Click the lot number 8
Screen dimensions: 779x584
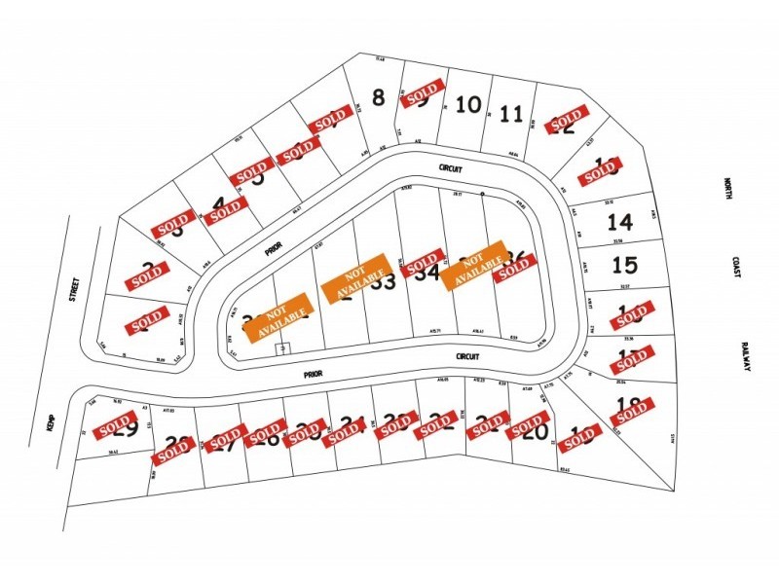(x=379, y=96)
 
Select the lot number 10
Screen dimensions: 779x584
(x=468, y=104)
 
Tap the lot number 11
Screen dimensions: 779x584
(x=511, y=114)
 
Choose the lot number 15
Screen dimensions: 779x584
(x=624, y=264)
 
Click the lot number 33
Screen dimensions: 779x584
(x=383, y=282)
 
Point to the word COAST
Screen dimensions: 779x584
(x=737, y=268)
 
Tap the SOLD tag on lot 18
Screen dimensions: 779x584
(x=632, y=410)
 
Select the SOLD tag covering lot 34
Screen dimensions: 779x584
(x=423, y=263)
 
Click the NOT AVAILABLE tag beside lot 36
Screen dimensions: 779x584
(x=474, y=264)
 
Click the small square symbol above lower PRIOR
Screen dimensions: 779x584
(x=283, y=347)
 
